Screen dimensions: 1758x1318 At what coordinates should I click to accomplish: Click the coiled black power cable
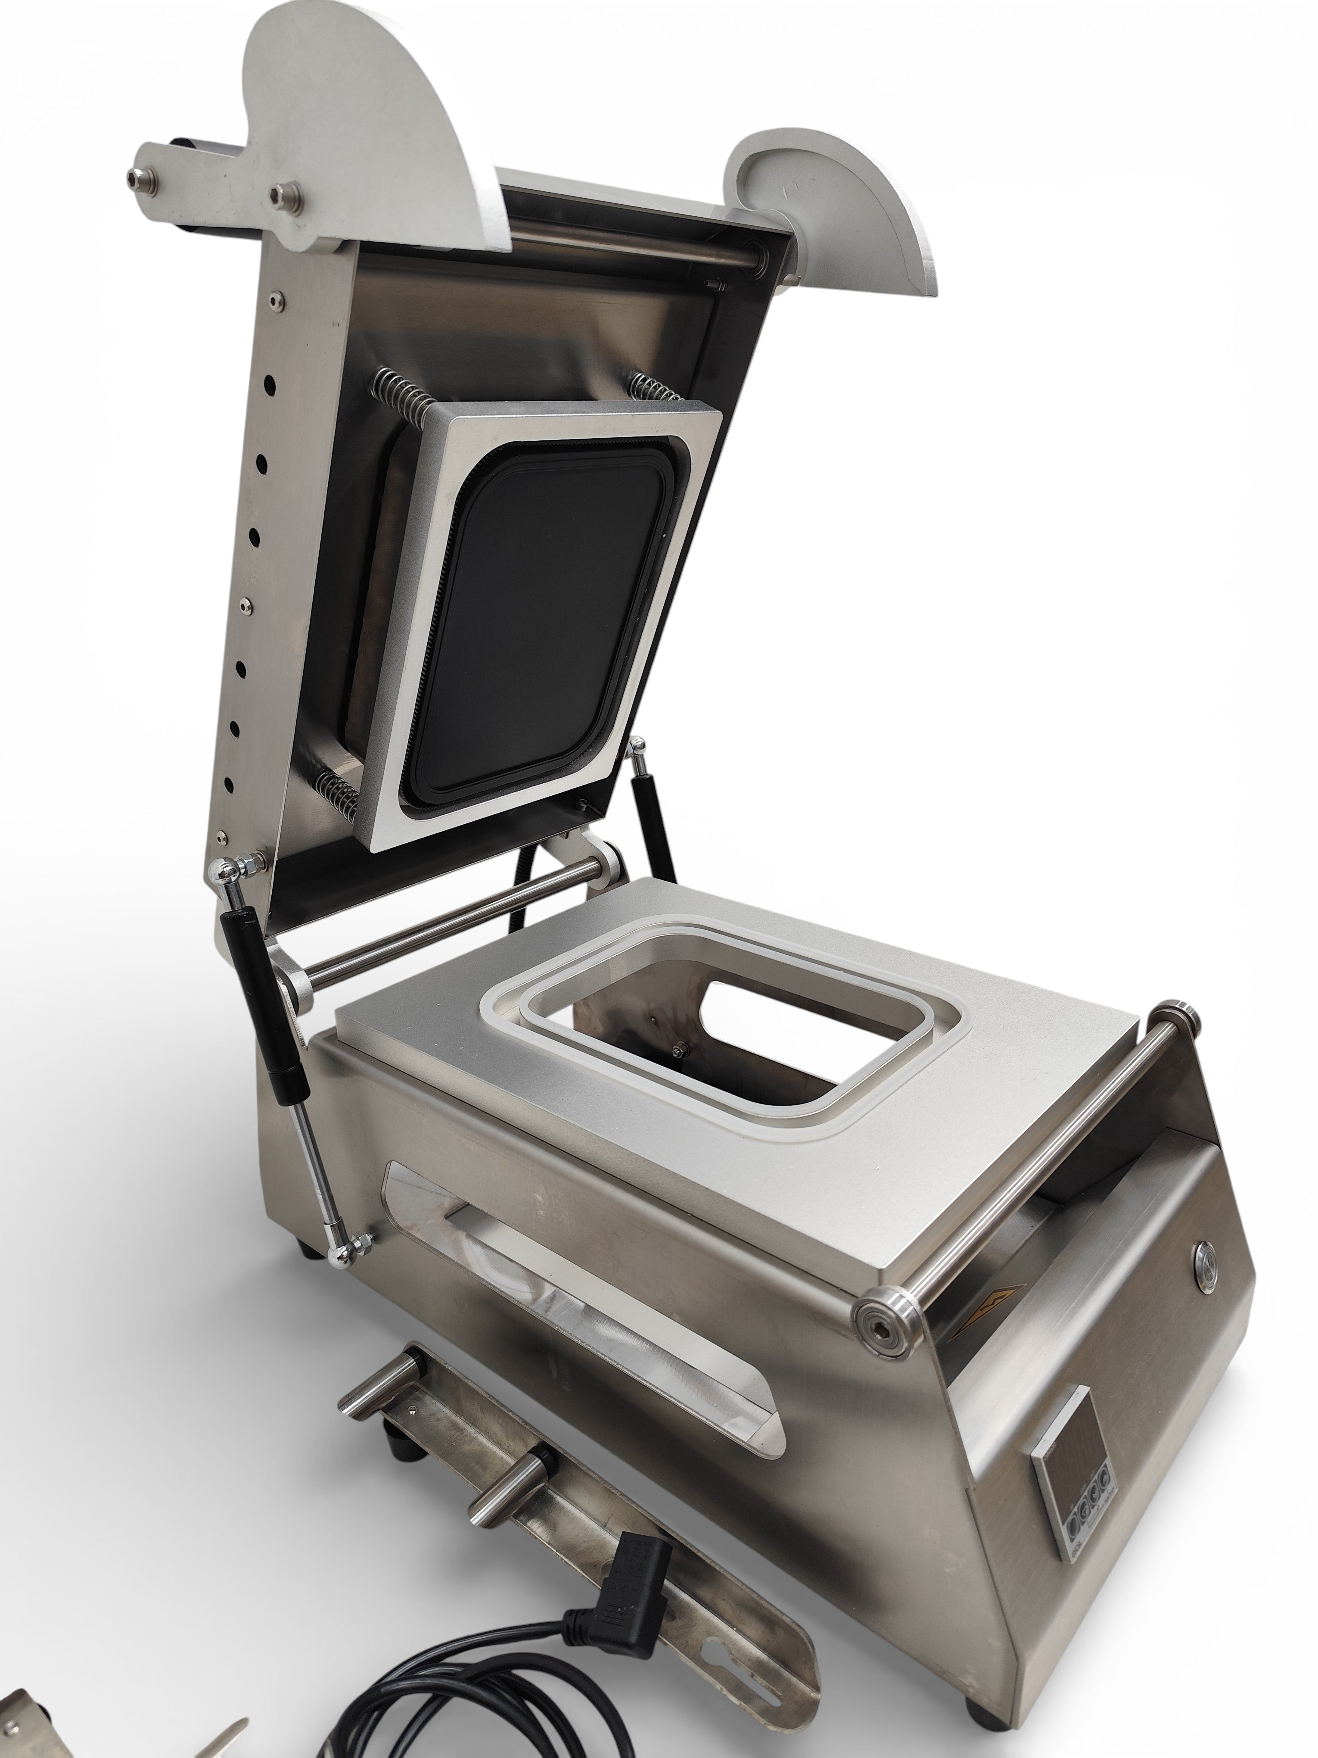click(x=445, y=1693)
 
